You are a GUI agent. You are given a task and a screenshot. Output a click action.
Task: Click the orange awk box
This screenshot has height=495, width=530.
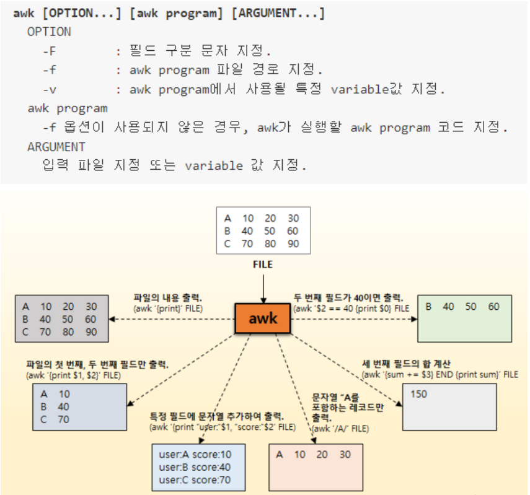263,319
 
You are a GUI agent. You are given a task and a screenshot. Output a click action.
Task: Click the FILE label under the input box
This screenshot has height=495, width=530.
263,265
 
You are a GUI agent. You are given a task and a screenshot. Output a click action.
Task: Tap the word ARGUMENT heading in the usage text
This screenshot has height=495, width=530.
56,147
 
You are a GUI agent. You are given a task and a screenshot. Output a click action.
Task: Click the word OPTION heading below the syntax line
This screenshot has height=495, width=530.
49,32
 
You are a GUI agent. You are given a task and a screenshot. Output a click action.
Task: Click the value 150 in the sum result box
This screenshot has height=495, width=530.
418,394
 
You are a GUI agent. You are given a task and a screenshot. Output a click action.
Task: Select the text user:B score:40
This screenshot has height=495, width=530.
195,467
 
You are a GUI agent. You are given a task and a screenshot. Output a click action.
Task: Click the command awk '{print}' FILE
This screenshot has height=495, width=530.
168,308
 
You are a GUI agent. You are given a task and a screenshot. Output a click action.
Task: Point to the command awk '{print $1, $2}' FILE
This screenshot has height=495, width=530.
73,375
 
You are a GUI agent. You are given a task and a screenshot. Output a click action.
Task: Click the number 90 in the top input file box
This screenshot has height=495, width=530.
293,244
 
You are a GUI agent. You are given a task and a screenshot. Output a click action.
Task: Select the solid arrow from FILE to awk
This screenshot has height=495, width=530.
263,286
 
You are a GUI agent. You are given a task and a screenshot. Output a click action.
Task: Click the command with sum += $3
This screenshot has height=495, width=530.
439,375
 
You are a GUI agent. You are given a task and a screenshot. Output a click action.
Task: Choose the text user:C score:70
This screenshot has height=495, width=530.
195,480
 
